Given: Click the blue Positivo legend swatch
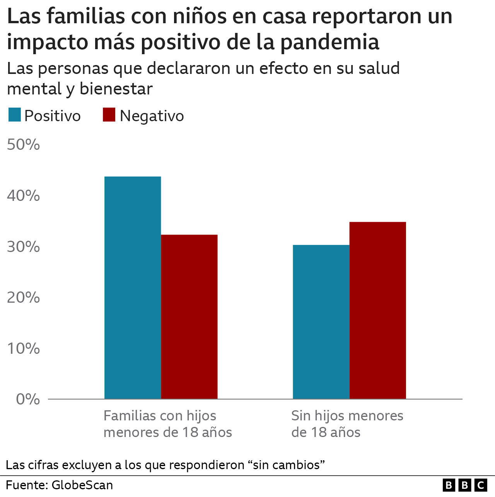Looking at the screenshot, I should coord(14,115).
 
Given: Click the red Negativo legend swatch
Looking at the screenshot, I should coord(109,115).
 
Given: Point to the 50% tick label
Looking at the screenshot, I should coord(24,145).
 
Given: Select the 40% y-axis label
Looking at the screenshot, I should coord(24,196).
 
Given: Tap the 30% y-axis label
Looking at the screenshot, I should coord(24,247).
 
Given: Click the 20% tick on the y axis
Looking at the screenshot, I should coord(24,298).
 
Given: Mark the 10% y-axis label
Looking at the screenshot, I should coord(24,348).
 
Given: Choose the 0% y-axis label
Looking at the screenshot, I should coord(28,399).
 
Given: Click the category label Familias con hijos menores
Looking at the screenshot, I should coord(167,424).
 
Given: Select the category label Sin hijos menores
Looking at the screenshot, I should coord(347,424).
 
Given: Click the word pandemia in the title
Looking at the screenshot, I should coord(329,42).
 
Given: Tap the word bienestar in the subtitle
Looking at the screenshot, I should coord(116,89).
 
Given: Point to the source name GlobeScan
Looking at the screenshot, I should coord(82,485).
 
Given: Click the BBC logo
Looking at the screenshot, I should coord(464,485).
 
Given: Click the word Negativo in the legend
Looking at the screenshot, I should coord(152,116).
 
